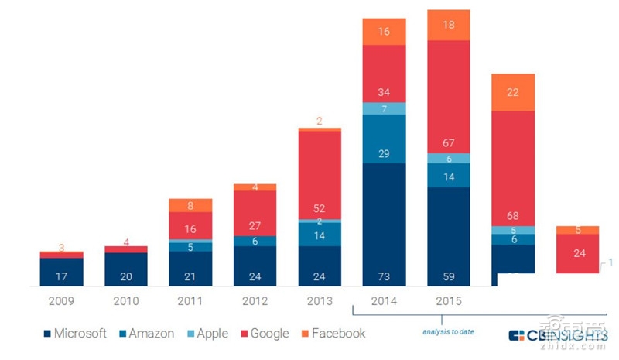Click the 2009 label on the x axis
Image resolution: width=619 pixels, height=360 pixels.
tap(62, 301)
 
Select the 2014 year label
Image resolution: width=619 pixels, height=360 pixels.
tap(384, 301)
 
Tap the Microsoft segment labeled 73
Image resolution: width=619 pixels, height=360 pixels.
tap(384, 225)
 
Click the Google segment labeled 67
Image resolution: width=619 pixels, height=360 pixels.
tap(449, 97)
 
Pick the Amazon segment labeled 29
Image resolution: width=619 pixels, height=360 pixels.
tap(384, 139)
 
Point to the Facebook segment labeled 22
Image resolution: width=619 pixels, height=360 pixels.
tap(513, 92)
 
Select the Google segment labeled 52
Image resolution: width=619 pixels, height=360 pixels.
tap(320, 175)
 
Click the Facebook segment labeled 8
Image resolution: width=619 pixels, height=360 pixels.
tap(191, 205)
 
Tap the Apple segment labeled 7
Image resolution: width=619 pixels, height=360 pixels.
tap(384, 108)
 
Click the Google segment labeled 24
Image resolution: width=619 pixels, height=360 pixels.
tap(577, 252)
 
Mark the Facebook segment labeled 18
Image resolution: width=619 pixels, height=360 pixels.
tap(449, 25)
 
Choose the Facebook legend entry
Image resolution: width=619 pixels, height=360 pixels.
tap(333, 334)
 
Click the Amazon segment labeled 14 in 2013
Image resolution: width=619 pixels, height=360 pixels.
tap(320, 235)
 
